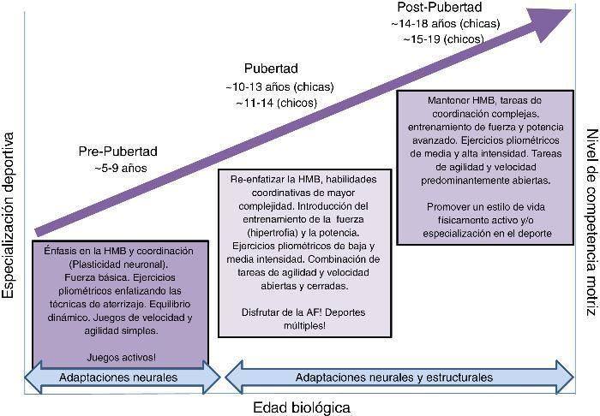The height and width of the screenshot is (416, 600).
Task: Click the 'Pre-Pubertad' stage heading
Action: tap(118, 152)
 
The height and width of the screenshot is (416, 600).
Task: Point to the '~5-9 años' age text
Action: tap(121, 168)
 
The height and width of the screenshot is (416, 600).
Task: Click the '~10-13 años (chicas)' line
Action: tap(279, 87)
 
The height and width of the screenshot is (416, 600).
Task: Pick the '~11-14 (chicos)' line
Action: tap(275, 103)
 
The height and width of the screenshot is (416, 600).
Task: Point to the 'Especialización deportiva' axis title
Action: tap(9, 215)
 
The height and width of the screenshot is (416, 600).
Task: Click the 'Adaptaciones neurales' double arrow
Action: tap(120, 377)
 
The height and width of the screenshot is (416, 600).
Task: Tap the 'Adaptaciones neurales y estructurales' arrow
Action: tap(393, 377)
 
